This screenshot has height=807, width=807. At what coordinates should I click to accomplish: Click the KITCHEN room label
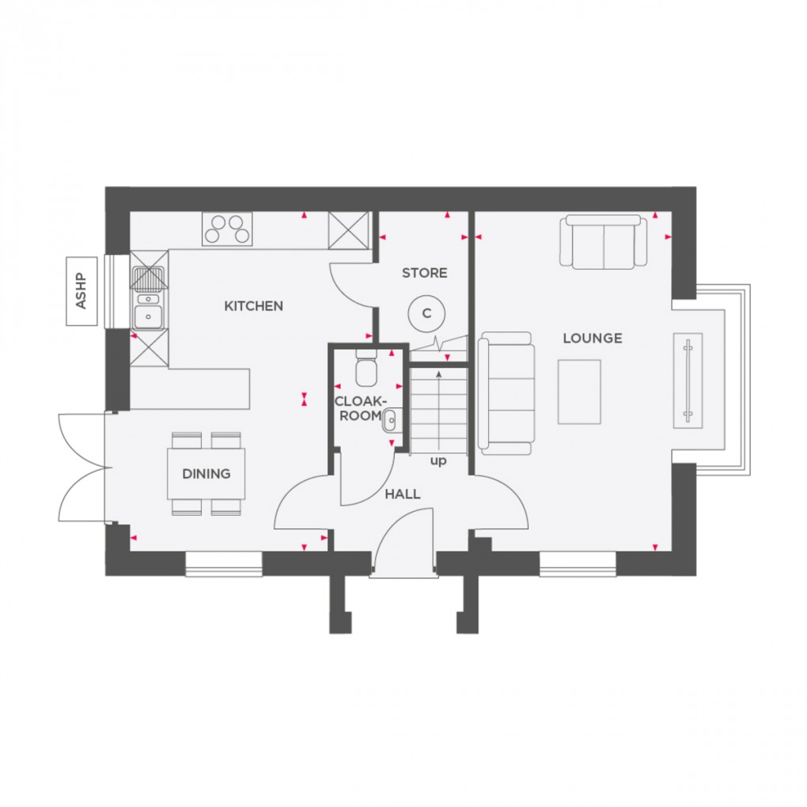click(253, 306)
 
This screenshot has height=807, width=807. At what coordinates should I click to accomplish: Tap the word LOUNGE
click(592, 339)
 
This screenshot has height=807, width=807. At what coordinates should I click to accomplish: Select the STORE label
click(424, 273)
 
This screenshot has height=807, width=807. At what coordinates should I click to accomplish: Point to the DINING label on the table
click(206, 474)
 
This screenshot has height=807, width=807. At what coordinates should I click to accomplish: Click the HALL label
click(402, 494)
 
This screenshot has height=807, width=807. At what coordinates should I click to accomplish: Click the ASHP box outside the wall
click(80, 291)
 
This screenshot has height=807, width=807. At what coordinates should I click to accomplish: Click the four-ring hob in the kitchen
click(228, 230)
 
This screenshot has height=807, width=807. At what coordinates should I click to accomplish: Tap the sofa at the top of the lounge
click(604, 241)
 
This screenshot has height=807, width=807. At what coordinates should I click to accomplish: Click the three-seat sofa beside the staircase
click(504, 393)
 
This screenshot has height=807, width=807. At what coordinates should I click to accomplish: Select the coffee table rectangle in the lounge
click(579, 392)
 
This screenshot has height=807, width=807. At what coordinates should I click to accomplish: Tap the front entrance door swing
click(403, 542)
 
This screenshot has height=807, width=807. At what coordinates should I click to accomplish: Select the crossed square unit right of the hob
click(349, 230)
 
